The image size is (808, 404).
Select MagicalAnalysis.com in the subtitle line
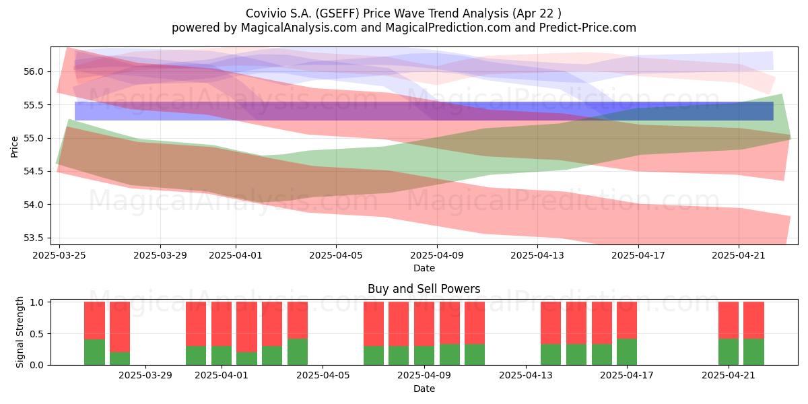(299, 28)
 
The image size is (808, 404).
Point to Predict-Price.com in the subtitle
(588, 28)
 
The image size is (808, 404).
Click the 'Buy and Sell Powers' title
(424, 289)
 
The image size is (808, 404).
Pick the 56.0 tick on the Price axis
(33, 72)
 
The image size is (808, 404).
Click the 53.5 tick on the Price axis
(33, 238)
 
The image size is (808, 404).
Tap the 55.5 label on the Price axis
(33, 105)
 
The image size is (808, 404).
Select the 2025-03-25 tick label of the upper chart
(59, 255)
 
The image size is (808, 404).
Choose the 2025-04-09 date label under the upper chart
(437, 255)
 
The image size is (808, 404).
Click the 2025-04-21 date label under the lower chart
(729, 376)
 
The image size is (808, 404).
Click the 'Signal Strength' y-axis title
(20, 332)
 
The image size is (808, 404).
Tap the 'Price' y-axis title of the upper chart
(14, 147)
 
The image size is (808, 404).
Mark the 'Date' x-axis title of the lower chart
(424, 389)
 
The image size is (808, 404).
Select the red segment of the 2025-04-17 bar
(627, 321)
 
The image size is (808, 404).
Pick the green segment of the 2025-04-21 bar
(729, 351)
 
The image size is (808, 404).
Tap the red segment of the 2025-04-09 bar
(424, 324)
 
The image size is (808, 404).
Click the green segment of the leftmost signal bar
(94, 352)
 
